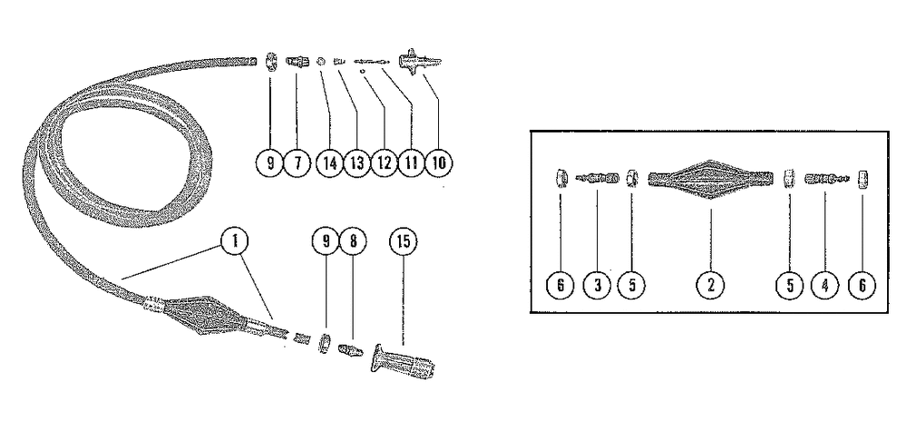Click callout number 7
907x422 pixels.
coord(297,163)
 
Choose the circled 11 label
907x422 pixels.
coord(413,163)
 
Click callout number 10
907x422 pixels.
coord(441,163)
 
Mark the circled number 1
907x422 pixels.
coord(234,240)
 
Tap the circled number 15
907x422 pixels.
coord(403,240)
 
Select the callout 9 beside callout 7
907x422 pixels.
coord(269,163)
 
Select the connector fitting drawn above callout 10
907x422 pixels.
coord(424,63)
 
